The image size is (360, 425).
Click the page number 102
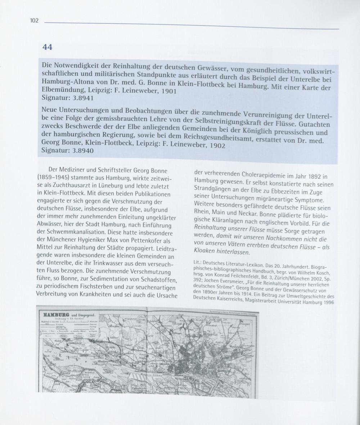[34, 21]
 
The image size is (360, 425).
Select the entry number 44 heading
[47, 47]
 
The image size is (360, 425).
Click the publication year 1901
[168, 91]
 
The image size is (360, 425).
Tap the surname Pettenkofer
[140, 240]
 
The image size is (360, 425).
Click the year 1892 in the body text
[312, 177]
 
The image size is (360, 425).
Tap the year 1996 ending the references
[327, 303]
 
